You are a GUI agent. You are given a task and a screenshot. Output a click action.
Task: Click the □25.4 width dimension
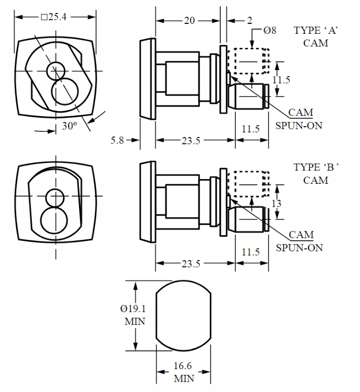tap(54, 17)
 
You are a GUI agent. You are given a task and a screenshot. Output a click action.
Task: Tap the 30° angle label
tap(68, 126)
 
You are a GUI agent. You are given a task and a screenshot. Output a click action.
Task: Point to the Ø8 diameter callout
tap(270, 31)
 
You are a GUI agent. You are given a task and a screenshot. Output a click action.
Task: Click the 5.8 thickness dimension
tap(118, 140)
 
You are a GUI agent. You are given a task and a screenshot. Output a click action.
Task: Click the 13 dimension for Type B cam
tap(277, 204)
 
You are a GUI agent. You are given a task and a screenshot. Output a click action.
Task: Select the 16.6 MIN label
tap(184, 372)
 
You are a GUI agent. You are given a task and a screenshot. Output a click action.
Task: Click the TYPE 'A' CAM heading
tap(316, 36)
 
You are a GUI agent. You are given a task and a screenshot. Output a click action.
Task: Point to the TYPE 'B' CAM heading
tap(316, 173)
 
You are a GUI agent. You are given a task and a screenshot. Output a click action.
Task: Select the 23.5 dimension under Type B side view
tap(191, 264)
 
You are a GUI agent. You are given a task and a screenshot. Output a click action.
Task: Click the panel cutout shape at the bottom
tap(184, 315)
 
